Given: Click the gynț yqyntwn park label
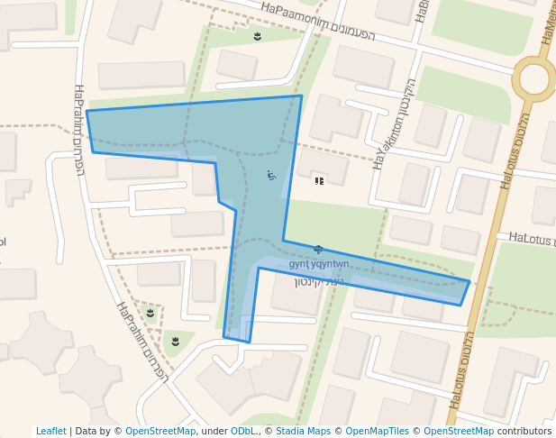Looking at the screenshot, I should pos(318,264).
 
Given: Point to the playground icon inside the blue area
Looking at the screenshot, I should pos(271,175).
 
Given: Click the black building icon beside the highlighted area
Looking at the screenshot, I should pos(319,181).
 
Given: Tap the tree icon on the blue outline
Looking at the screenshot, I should pos(317,249).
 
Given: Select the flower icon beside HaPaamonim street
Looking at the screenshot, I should pos(257,36).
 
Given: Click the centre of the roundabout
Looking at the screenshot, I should pos(533,79).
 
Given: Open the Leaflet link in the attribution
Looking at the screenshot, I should pos(50,431).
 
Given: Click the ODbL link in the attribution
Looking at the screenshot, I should pos(242,431).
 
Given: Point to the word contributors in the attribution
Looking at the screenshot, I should pos(524,431).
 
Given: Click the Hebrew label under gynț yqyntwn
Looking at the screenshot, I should pos(320,282).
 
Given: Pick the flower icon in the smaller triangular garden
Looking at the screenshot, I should pos(150,314).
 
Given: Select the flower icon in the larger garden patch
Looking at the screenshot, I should pos(175,341).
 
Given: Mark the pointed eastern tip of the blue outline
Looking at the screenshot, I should pos(469,282).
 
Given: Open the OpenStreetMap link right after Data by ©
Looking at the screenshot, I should pos(160,431).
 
